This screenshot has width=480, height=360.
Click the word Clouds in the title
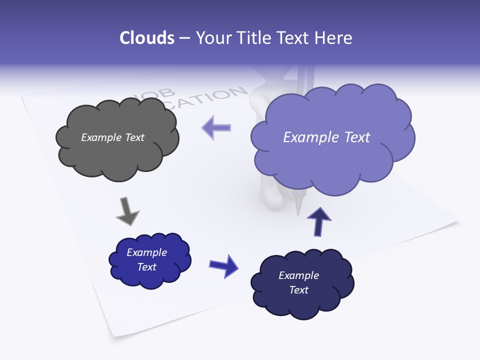(147, 38)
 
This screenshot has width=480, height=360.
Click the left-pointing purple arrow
(216, 127)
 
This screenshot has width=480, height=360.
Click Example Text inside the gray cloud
(112, 137)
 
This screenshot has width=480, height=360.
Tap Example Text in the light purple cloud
(326, 137)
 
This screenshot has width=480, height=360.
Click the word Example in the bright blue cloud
(146, 252)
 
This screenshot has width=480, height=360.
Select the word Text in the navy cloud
(298, 290)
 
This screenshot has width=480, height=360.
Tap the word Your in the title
(211, 38)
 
